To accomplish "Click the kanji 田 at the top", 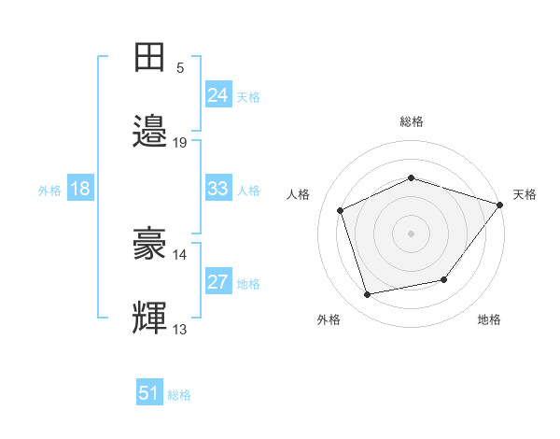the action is click(149, 57).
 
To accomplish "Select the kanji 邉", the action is click(149, 131).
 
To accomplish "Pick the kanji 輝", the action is click(149, 317).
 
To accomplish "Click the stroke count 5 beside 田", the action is click(180, 68).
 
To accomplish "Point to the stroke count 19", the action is click(179, 143).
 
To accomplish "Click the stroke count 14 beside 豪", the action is click(179, 255).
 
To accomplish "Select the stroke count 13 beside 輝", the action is click(179, 329).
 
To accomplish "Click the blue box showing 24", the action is click(218, 93).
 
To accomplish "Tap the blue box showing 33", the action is click(218, 187).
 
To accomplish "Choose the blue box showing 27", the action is click(218, 280).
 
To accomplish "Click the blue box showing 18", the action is click(80, 187).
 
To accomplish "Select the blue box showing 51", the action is click(149, 391).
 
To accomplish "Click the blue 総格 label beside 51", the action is click(179, 395).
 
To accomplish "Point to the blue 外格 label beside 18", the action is click(49, 191).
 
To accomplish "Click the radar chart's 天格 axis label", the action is click(525, 194).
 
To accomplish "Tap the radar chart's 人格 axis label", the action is click(298, 194).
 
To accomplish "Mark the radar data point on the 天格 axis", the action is click(500, 205).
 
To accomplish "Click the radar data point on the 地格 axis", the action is click(444, 279).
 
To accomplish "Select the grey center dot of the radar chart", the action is click(411, 234).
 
